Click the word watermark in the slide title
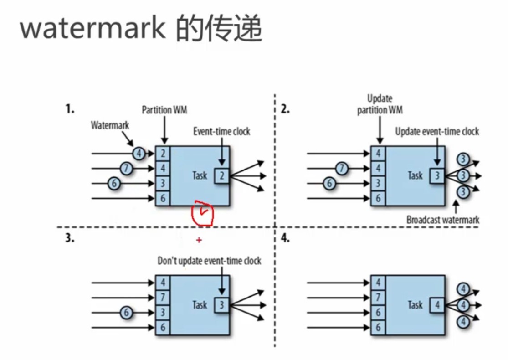point(93,29)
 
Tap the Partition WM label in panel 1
point(164,110)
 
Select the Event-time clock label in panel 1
point(221,131)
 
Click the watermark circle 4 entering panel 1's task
point(139,153)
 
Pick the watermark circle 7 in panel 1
point(126,168)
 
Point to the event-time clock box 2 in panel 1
point(221,175)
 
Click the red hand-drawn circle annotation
point(203,213)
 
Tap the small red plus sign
point(199,240)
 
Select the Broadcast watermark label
point(443,220)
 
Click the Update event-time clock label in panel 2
point(437,131)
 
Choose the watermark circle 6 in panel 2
point(329,183)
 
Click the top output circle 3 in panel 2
point(463,159)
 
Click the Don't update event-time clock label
point(209,261)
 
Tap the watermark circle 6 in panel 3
point(126,313)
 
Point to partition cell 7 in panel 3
point(163,297)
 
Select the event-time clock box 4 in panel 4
point(437,305)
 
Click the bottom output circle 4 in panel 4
point(463,322)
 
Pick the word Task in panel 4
point(415,305)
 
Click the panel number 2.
point(285,109)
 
